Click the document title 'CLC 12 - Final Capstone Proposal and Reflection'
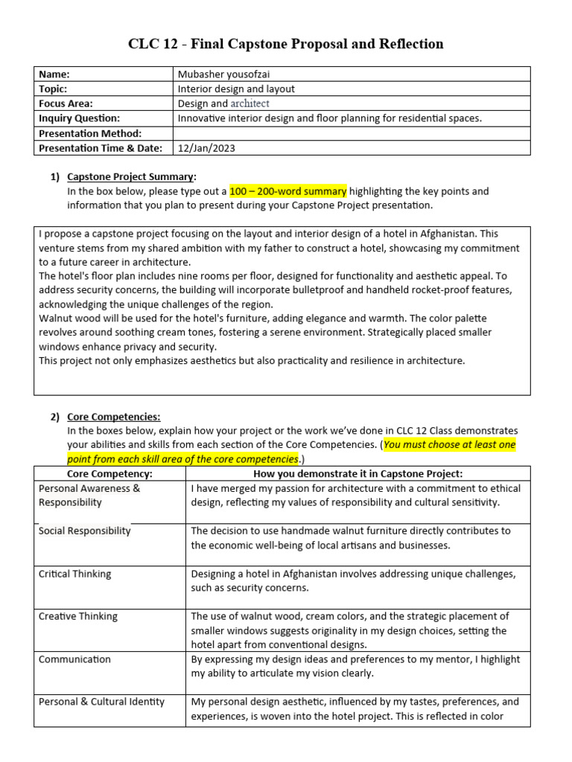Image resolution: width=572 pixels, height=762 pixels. point(286,44)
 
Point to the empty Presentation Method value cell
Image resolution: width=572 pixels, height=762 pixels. point(352,133)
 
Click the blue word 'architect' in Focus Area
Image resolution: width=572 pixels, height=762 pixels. point(250,103)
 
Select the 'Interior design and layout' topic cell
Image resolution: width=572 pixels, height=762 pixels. point(237,89)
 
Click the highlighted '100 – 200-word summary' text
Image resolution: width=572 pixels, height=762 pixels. point(287,191)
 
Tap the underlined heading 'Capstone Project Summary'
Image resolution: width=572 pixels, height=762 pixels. point(130,176)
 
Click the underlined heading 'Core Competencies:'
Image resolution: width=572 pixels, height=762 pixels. point(113,417)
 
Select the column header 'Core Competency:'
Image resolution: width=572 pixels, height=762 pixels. point(109,474)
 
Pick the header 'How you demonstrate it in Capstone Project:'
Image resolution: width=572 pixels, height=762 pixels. point(357,474)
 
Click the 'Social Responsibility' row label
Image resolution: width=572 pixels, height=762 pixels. point(84,531)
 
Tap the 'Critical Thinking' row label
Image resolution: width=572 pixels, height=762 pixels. point(74,574)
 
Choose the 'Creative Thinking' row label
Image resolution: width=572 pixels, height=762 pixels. point(77,616)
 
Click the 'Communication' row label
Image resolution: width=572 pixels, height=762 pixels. point(74,659)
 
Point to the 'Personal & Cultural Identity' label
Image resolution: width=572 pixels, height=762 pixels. point(101,702)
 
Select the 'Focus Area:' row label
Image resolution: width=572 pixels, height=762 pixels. point(66,103)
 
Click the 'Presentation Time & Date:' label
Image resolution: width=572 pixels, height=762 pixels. point(100,148)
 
